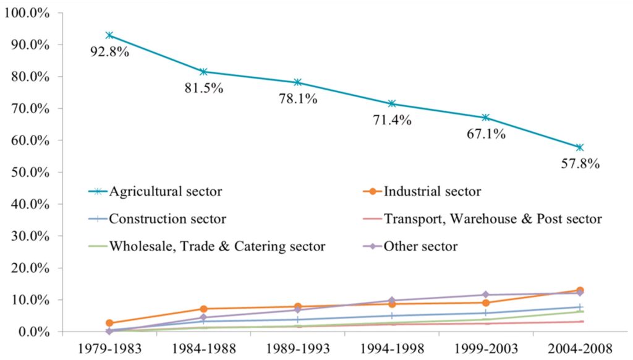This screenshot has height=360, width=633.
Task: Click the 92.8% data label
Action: (x=109, y=52)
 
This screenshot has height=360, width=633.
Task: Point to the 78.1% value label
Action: (x=297, y=99)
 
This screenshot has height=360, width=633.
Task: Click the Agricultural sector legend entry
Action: (x=165, y=191)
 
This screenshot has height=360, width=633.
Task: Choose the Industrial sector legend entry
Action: (x=432, y=191)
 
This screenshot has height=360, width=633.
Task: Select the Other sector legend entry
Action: (x=420, y=246)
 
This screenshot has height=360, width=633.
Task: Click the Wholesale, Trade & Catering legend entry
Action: (x=217, y=246)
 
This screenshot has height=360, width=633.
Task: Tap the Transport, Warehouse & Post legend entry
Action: (x=492, y=218)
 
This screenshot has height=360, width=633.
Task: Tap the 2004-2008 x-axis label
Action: (x=579, y=347)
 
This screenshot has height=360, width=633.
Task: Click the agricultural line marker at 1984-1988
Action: (x=203, y=72)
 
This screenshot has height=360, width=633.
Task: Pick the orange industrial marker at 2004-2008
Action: (x=580, y=290)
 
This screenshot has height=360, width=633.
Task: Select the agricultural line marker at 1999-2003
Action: (x=486, y=118)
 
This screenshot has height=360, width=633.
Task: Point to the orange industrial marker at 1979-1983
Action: (x=109, y=323)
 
